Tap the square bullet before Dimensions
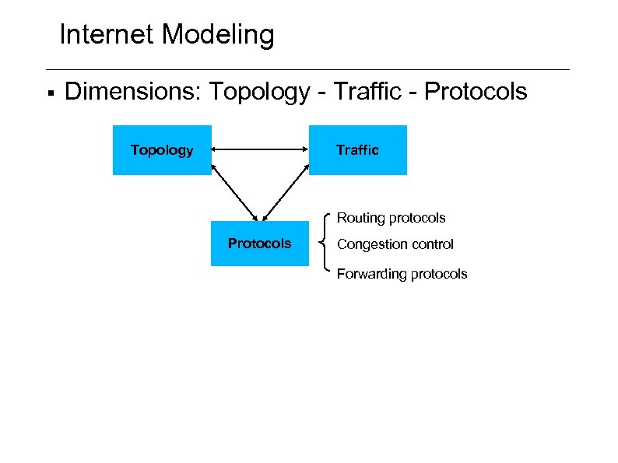click(x=50, y=93)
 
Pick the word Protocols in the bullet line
click(x=476, y=92)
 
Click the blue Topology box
click(x=162, y=150)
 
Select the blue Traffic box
click(x=357, y=150)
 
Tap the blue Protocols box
click(x=259, y=244)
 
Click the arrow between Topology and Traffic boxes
click(x=260, y=149)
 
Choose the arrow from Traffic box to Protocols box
click(x=286, y=195)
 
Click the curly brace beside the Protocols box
click(x=325, y=244)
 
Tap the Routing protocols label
click(x=391, y=218)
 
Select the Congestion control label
click(x=395, y=244)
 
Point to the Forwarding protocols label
click(x=402, y=274)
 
